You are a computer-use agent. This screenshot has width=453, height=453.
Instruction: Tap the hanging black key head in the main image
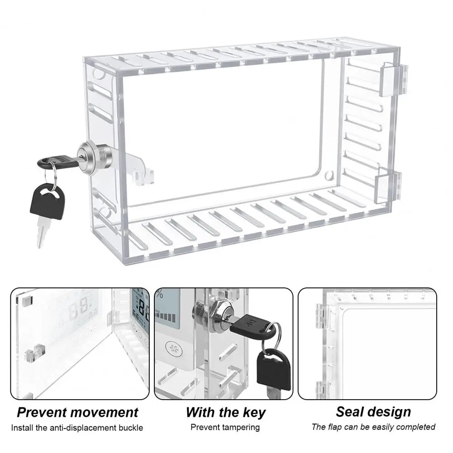pyautogui.click(x=45, y=199)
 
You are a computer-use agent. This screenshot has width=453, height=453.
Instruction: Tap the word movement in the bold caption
pyautogui.click(x=105, y=412)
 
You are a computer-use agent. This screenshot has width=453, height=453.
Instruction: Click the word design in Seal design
pyautogui.click(x=390, y=411)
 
